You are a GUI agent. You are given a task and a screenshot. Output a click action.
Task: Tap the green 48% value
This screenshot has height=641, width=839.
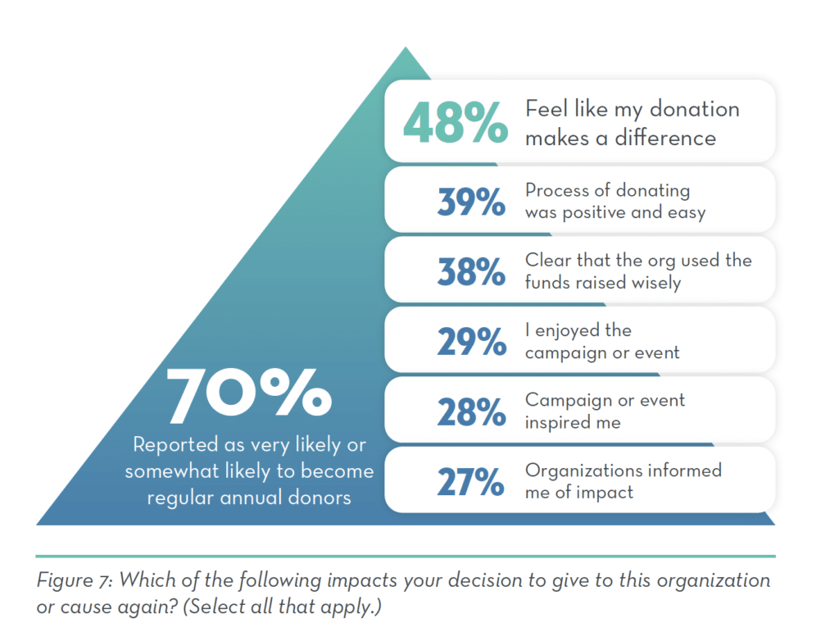(455, 123)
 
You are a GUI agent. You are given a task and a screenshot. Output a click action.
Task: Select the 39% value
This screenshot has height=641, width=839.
(470, 202)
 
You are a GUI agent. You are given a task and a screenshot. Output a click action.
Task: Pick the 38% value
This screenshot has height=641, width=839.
(470, 271)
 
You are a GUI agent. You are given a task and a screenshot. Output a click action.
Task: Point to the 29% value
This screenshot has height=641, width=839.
(470, 341)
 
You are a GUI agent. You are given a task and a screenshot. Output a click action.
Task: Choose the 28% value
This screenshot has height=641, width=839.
(470, 411)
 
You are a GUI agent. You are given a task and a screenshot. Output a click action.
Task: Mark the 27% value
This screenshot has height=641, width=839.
(470, 482)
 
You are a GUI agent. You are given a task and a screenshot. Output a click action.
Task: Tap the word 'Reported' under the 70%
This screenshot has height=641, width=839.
(173, 445)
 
